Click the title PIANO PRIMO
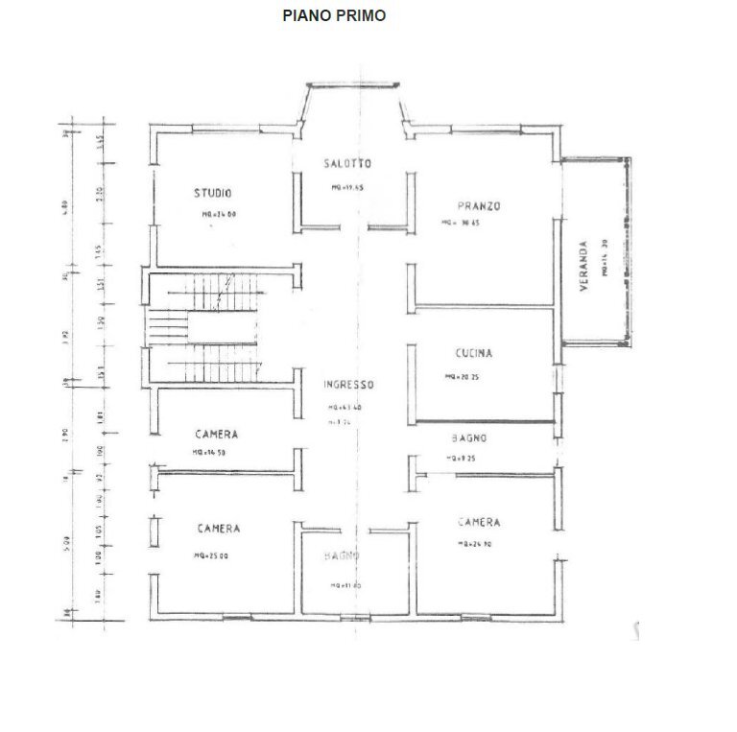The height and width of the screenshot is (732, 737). [334, 15]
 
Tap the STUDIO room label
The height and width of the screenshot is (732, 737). [212, 193]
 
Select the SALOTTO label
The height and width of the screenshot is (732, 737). [346, 163]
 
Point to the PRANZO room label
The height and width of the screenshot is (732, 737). [480, 205]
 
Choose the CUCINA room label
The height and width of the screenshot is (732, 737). [474, 353]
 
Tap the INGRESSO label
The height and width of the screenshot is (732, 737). [347, 385]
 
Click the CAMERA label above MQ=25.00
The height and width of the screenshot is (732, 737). [219, 529]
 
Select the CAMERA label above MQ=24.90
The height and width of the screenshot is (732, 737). [478, 523]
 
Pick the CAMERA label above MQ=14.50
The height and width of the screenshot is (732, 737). [215, 435]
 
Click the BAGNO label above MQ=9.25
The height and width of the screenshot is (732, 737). [469, 438]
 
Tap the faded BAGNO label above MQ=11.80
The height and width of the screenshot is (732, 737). [342, 556]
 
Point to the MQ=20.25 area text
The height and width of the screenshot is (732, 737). [462, 377]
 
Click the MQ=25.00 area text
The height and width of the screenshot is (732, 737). [211, 555]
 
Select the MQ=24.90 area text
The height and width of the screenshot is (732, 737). [477, 545]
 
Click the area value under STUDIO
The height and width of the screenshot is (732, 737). [220, 216]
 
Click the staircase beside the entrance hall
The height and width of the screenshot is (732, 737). [202, 326]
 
